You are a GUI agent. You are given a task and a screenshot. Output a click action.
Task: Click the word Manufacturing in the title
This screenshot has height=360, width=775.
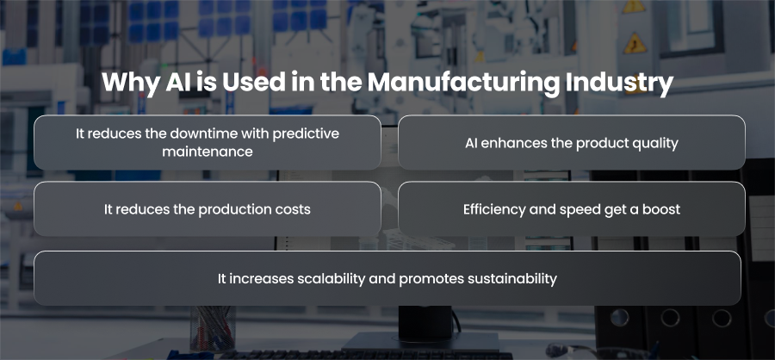pyautogui.click(x=463, y=83)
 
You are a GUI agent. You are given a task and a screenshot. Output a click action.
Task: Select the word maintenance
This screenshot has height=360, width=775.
pyautogui.click(x=208, y=152)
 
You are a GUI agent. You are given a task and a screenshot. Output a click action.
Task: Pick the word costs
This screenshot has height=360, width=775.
pyautogui.click(x=293, y=209)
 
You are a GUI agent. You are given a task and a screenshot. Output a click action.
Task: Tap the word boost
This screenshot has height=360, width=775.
pyautogui.click(x=661, y=209)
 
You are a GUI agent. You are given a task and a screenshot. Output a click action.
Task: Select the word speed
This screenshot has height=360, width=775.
pyautogui.click(x=580, y=210)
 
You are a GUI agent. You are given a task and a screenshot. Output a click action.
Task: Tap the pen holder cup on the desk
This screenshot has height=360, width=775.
pyautogui.click(x=213, y=328)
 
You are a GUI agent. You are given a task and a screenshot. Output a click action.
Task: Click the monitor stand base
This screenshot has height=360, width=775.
pyautogui.click(x=420, y=342)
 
